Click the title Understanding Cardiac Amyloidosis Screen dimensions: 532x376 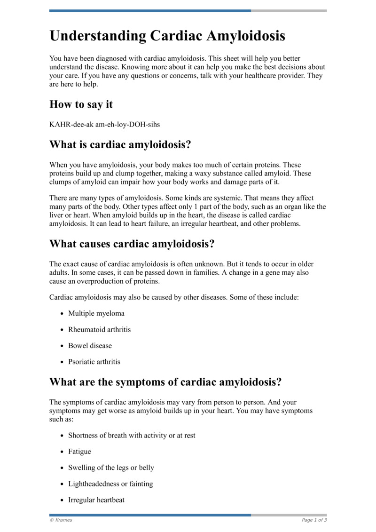tap(167, 36)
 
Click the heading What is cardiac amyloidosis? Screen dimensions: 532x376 tap(120, 145)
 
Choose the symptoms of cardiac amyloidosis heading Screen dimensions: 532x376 tap(165, 382)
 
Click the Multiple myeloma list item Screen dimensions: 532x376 tap(96, 313)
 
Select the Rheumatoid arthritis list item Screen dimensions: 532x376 tap(100, 329)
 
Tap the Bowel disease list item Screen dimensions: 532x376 tap(90, 346)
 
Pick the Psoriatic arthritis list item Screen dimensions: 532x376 tap(94, 362)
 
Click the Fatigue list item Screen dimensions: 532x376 tap(80, 452)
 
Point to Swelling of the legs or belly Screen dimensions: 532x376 tap(111, 468)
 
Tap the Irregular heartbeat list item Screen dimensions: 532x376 tap(96, 500)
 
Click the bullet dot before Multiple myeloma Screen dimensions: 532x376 tap(63, 314)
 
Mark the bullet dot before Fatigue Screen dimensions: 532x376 tap(63, 452)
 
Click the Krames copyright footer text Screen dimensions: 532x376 tap(61, 520)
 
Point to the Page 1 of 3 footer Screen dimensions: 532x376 tap(314, 520)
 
